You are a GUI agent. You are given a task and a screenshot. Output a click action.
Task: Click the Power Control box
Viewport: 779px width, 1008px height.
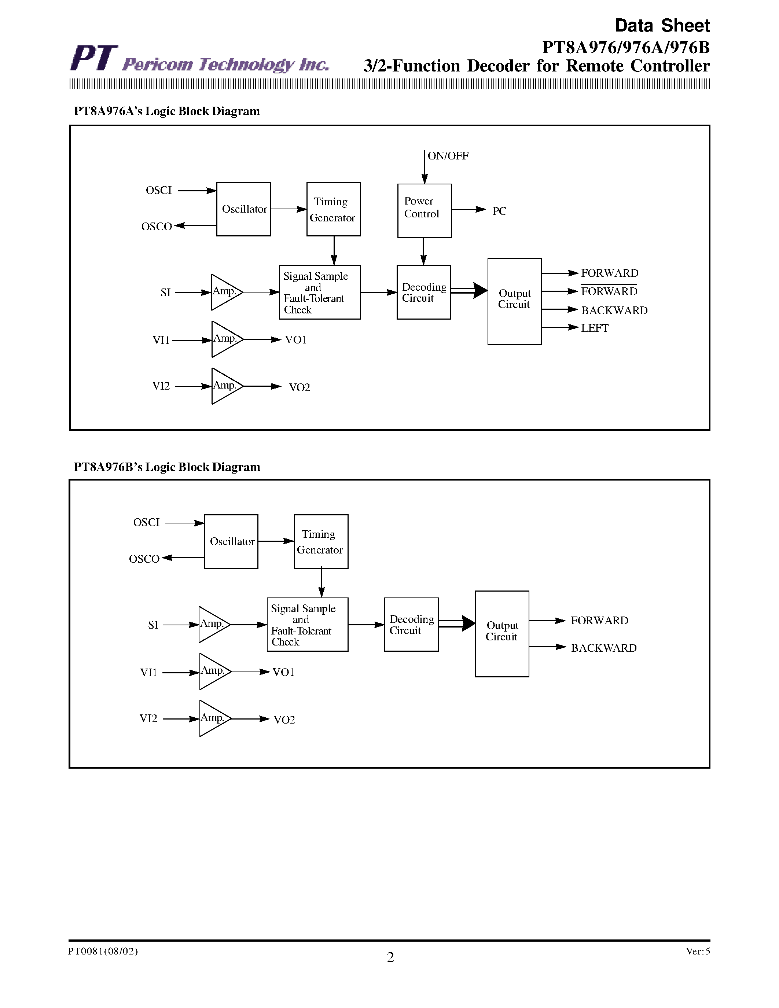pyautogui.click(x=424, y=210)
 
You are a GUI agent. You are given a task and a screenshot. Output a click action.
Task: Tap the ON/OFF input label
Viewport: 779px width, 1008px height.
pyautogui.click(x=448, y=156)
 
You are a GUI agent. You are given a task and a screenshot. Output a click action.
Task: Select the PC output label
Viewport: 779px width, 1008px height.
pyautogui.click(x=499, y=211)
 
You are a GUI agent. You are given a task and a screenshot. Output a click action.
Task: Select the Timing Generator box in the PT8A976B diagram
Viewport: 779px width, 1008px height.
pyautogui.click(x=321, y=541)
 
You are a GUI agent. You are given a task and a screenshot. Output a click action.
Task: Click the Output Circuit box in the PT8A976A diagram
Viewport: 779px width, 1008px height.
pyautogui.click(x=514, y=301)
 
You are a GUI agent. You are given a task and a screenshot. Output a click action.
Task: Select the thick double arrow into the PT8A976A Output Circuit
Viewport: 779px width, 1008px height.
pyautogui.click(x=469, y=290)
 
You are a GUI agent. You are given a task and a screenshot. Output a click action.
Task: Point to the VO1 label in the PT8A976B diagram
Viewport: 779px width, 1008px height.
pyautogui.click(x=283, y=672)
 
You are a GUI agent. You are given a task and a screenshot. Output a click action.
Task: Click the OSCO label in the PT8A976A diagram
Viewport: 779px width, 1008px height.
pyautogui.click(x=157, y=227)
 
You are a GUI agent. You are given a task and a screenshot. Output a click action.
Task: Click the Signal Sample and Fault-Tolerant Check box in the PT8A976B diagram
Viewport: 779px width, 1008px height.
pyautogui.click(x=307, y=625)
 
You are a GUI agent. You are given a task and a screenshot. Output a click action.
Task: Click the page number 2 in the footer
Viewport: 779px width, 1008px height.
pyautogui.click(x=390, y=958)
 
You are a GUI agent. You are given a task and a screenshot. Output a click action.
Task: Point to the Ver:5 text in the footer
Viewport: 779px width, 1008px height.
pyautogui.click(x=697, y=951)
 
